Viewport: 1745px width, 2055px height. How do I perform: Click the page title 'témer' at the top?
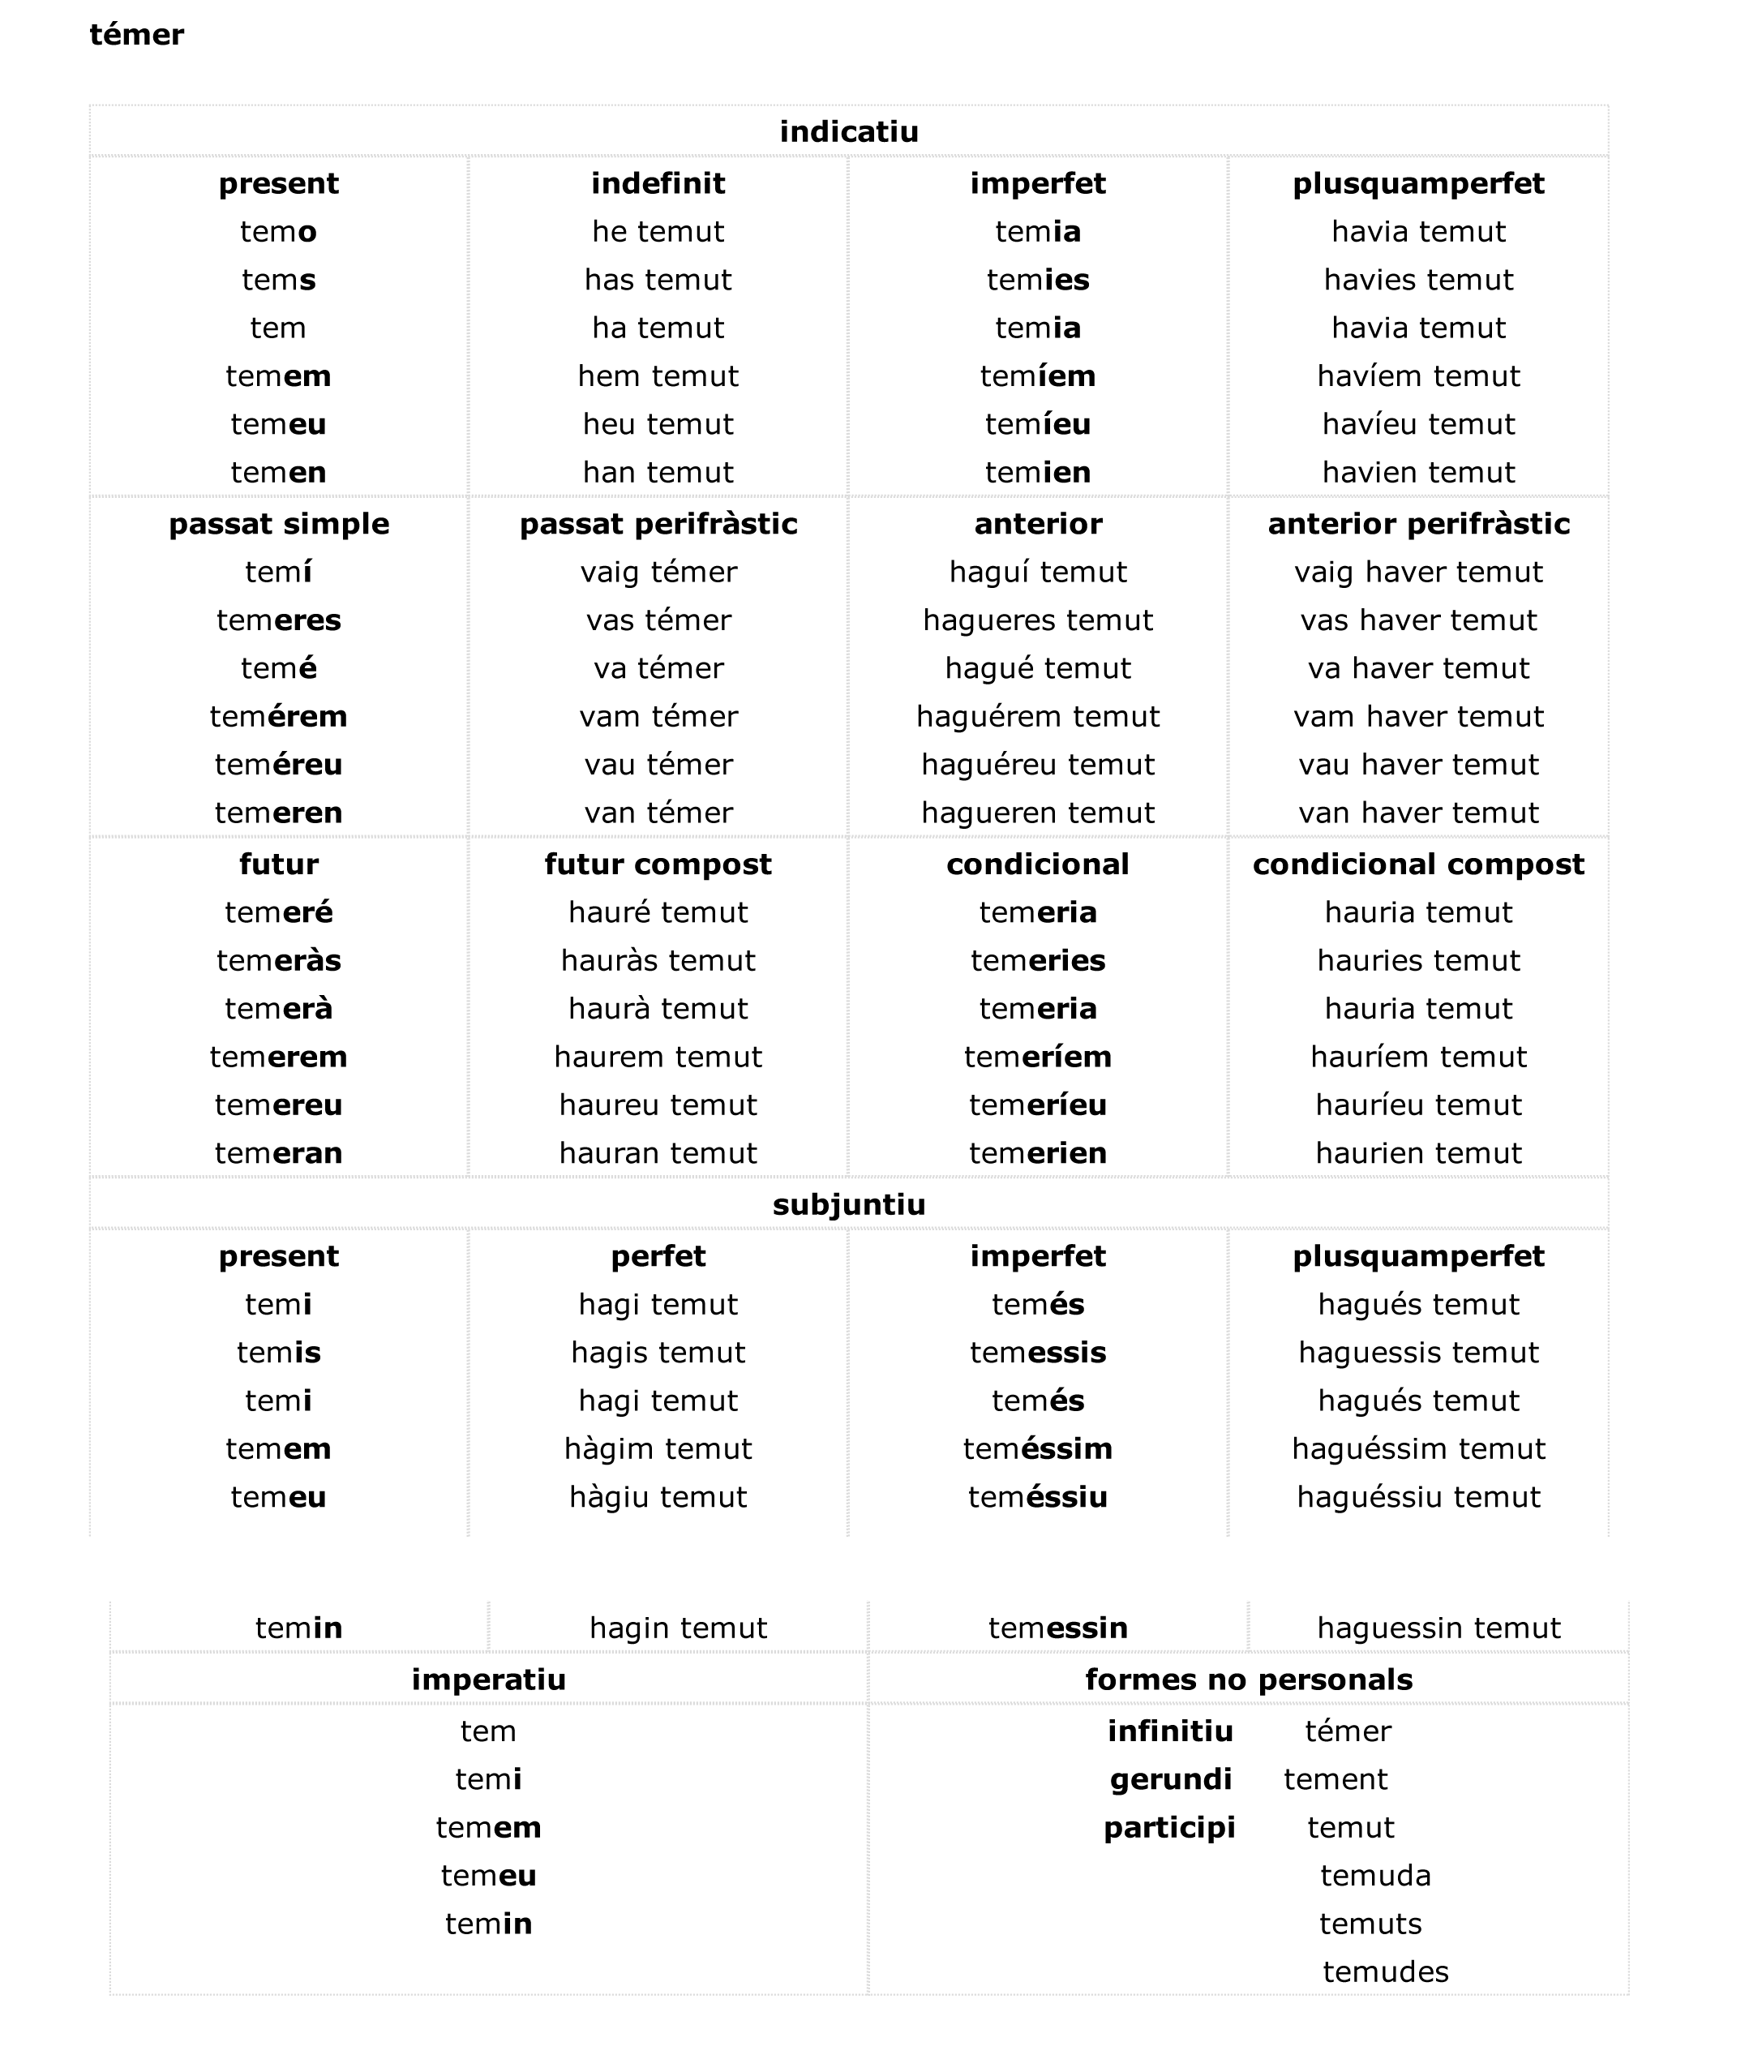[136, 36]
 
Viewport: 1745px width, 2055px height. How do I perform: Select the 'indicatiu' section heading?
[849, 131]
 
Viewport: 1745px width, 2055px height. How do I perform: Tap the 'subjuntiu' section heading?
[849, 1204]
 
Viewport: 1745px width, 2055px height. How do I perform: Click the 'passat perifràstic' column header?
[658, 523]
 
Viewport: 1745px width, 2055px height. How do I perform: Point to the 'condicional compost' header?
[1417, 864]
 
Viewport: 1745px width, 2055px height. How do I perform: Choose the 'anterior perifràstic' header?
[1417, 523]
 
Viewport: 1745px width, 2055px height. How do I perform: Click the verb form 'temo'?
[278, 231]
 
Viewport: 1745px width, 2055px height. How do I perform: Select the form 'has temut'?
[658, 280]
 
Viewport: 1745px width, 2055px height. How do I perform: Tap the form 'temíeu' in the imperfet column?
[1038, 424]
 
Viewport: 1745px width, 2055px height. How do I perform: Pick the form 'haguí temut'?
[1038, 572]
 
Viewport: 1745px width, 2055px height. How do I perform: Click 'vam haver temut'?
[1417, 716]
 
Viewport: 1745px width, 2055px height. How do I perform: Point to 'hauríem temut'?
[1417, 1057]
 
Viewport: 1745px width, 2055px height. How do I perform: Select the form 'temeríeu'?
[1038, 1105]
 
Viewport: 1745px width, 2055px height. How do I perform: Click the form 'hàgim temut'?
[658, 1448]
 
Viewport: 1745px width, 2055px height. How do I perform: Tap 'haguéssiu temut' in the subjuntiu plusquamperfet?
[1417, 1497]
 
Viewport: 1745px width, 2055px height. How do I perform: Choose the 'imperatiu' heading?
[489, 1679]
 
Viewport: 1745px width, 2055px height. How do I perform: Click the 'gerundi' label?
[1170, 1779]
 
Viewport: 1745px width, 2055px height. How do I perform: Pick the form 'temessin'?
[1057, 1628]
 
